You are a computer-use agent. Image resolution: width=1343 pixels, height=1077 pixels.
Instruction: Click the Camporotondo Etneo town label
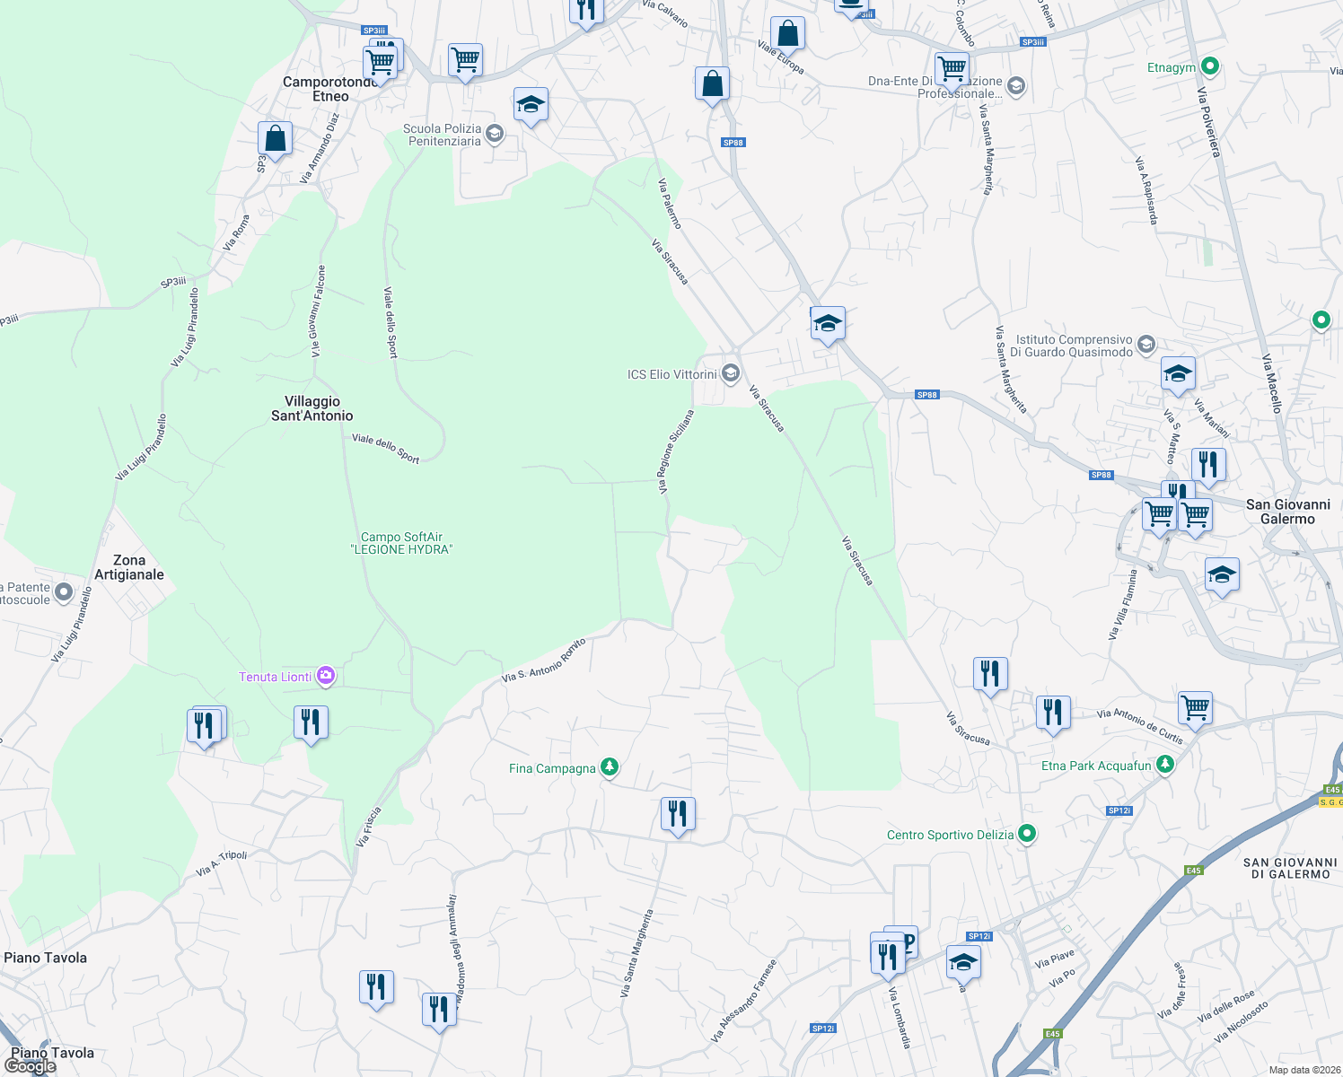tap(329, 89)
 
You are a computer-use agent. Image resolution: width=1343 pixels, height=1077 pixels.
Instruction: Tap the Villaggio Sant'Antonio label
tap(312, 408)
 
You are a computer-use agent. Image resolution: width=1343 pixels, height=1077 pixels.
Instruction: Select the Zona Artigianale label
tap(129, 567)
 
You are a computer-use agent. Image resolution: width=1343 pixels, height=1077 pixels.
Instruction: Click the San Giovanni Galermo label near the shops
tap(1287, 512)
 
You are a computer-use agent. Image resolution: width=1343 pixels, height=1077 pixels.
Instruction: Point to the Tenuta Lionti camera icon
tap(326, 676)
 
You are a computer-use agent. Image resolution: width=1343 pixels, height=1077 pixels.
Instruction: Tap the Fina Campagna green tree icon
tap(610, 767)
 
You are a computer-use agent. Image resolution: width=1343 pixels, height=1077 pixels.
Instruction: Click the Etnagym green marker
tap(1209, 66)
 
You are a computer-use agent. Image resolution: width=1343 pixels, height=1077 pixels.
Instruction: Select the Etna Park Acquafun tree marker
tap(1164, 765)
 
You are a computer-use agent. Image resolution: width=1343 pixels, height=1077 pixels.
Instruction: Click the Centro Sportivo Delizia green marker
tap(1027, 834)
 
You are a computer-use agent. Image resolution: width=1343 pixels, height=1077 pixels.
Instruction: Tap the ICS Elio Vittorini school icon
tap(731, 373)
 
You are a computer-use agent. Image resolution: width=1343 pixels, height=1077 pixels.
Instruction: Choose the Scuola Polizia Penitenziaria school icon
tap(494, 135)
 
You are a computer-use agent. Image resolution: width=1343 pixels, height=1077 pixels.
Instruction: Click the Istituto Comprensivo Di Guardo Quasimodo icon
tap(1145, 345)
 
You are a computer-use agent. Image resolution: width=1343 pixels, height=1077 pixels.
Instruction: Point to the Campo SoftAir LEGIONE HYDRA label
tap(401, 543)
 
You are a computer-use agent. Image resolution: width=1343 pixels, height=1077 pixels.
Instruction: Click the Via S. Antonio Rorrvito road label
tap(543, 660)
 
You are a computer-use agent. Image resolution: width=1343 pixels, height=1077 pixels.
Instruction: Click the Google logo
tap(31, 1066)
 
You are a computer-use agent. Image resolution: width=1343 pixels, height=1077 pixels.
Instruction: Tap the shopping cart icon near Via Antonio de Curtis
tap(1195, 707)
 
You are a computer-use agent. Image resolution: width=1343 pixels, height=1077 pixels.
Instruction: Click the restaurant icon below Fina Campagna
tap(678, 814)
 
